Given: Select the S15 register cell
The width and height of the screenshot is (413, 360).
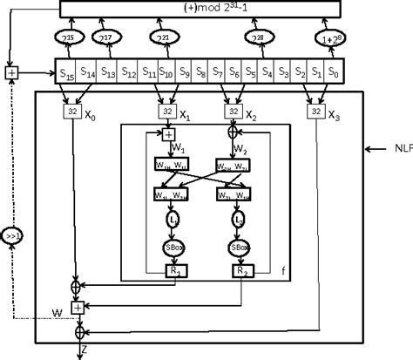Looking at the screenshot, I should point(66,71).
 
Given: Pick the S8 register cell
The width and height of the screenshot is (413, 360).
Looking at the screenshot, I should point(200,71).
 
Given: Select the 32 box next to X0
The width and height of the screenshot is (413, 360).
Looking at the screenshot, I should point(71,111).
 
